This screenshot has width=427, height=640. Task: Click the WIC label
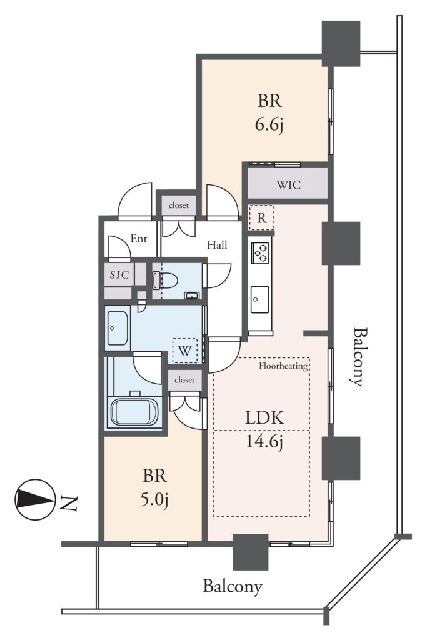pyautogui.click(x=289, y=185)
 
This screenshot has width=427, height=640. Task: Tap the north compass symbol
pyautogui.click(x=35, y=499)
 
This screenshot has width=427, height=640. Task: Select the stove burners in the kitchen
pyautogui.click(x=261, y=252)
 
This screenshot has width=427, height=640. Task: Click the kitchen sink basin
pyautogui.click(x=259, y=299)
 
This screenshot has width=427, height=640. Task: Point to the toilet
pyautogui.click(x=165, y=281)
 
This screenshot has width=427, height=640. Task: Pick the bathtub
pyautogui.click(x=134, y=412)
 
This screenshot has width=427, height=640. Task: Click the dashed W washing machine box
pyautogui.click(x=185, y=351)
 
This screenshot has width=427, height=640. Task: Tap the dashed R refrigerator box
pyautogui.click(x=261, y=218)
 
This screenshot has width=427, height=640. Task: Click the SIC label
pyautogui.click(x=119, y=275)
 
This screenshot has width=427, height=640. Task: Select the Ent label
pyautogui.click(x=138, y=239)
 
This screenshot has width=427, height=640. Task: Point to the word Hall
pyautogui.click(x=217, y=245)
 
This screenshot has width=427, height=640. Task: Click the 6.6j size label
pyautogui.click(x=269, y=125)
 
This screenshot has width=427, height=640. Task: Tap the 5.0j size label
pyautogui.click(x=154, y=499)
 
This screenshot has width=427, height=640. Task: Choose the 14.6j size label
pyautogui.click(x=264, y=442)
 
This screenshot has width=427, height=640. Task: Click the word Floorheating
pyautogui.click(x=283, y=365)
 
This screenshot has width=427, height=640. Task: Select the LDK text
pyautogui.click(x=264, y=417)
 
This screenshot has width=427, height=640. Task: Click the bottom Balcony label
pyautogui.click(x=233, y=586)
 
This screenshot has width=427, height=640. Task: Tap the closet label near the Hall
pyautogui.click(x=178, y=205)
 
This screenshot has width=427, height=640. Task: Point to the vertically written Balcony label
pyautogui.click(x=358, y=357)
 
